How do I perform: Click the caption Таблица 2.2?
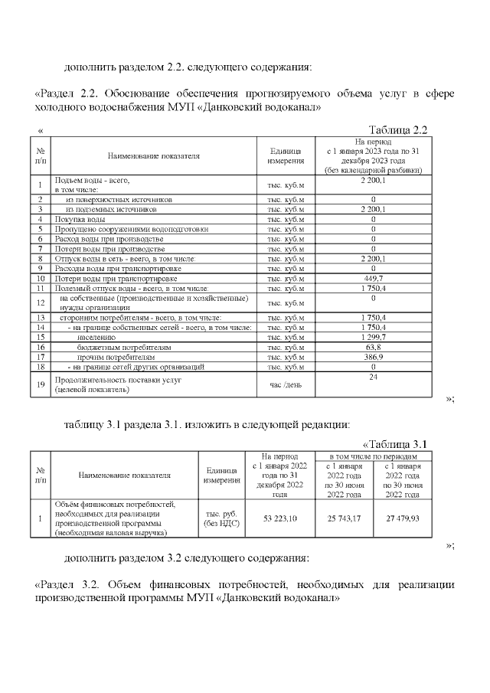(x=397, y=129)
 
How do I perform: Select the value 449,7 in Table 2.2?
(x=372, y=279)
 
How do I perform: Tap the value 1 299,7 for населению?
(x=372, y=336)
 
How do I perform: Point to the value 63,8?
(x=372, y=347)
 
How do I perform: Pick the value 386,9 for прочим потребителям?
(x=372, y=357)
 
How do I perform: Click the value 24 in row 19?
(x=374, y=378)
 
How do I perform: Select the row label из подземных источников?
(x=110, y=208)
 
